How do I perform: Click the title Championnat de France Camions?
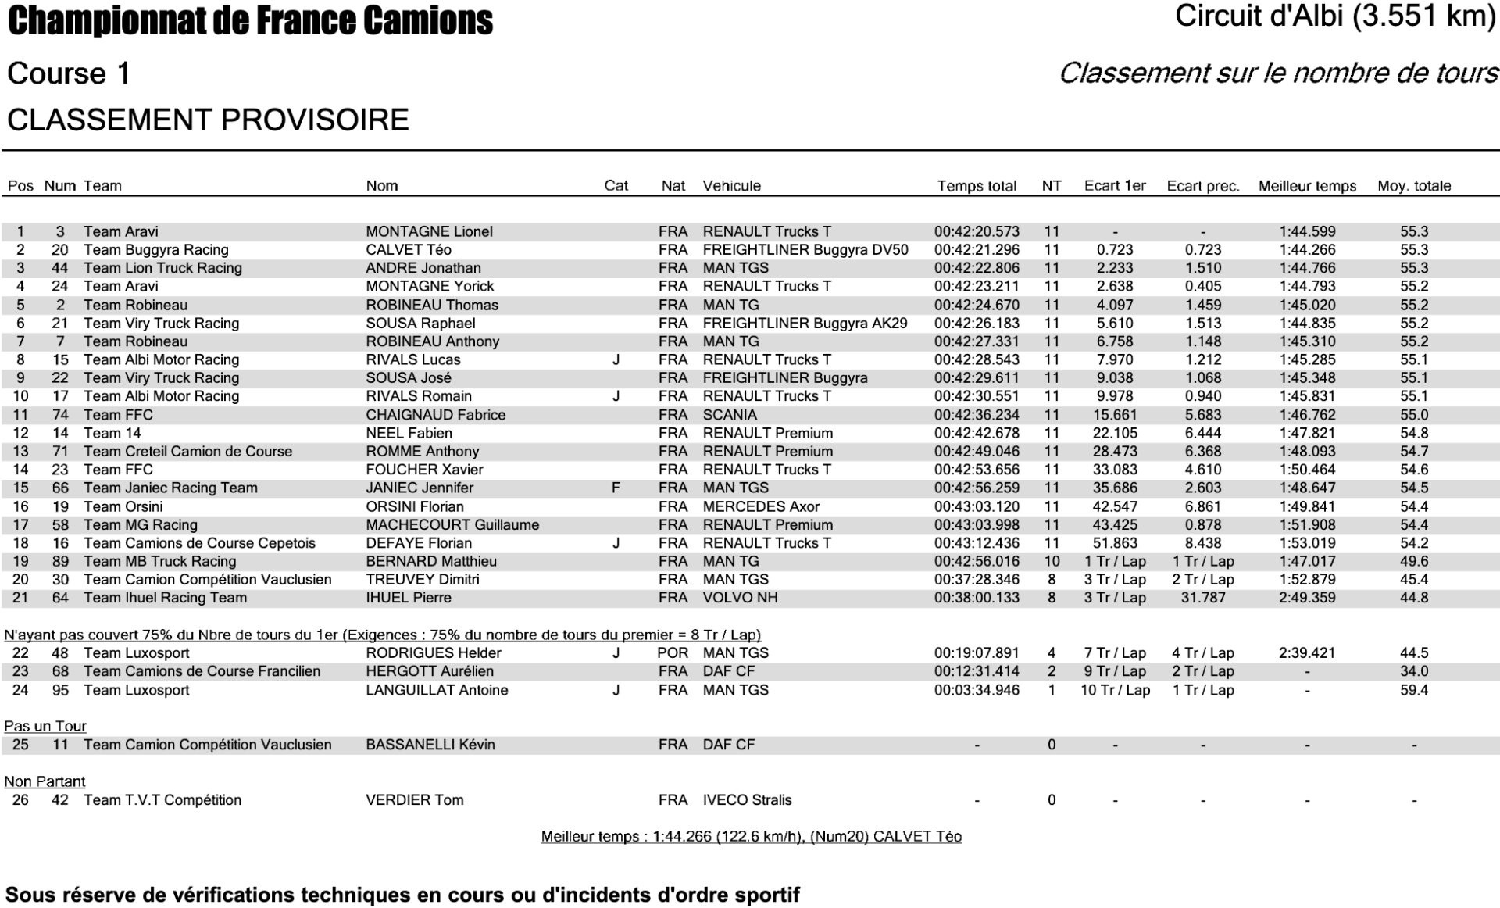click(250, 21)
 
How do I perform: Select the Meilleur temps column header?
click(1307, 186)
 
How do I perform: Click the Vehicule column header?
click(731, 186)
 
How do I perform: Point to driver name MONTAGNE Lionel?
click(429, 231)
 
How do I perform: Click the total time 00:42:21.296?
click(977, 250)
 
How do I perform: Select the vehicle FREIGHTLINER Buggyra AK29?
click(805, 323)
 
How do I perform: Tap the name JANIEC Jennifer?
click(420, 488)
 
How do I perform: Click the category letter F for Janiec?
click(616, 488)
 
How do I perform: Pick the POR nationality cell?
click(673, 652)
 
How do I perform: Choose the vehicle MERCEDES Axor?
click(761, 506)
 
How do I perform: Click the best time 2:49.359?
click(1307, 598)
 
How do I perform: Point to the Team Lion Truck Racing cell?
click(162, 268)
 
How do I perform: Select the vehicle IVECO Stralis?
click(747, 799)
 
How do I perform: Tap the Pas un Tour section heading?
click(45, 726)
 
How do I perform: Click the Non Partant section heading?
click(45, 781)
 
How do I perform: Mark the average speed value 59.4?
click(1414, 690)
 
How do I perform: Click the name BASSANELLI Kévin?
click(430, 745)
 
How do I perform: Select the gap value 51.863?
click(1115, 543)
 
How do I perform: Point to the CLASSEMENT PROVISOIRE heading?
click(208, 120)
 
